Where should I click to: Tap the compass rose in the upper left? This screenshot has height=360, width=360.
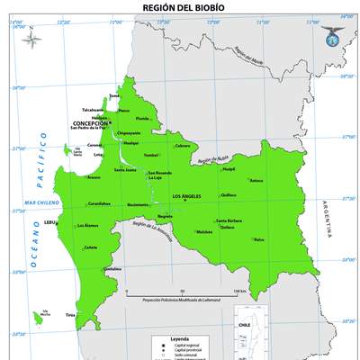[33, 40]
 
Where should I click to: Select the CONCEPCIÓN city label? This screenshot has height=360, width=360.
[89, 123]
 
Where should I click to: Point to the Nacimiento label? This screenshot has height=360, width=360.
[139, 205]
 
